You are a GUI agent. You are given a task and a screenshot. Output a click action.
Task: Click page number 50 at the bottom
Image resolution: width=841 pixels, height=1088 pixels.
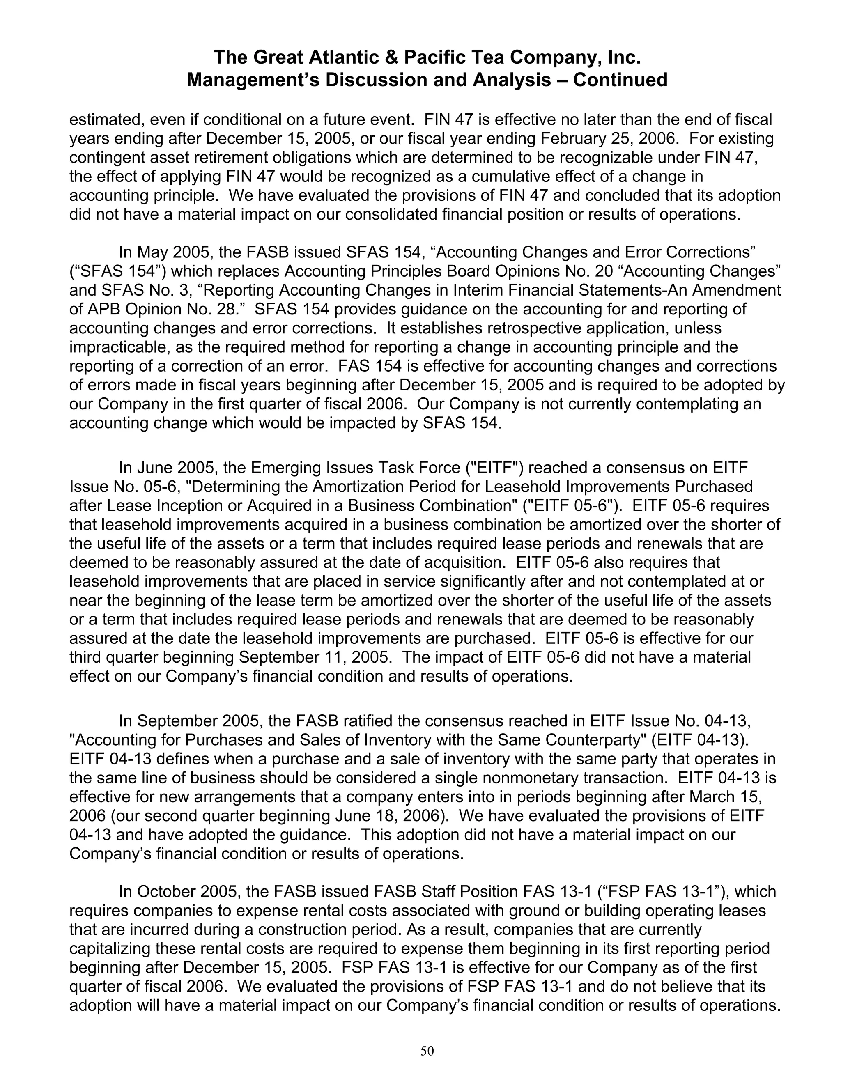pos(427,1051)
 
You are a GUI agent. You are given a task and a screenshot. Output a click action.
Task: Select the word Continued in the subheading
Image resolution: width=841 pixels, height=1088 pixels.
pos(620,80)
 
